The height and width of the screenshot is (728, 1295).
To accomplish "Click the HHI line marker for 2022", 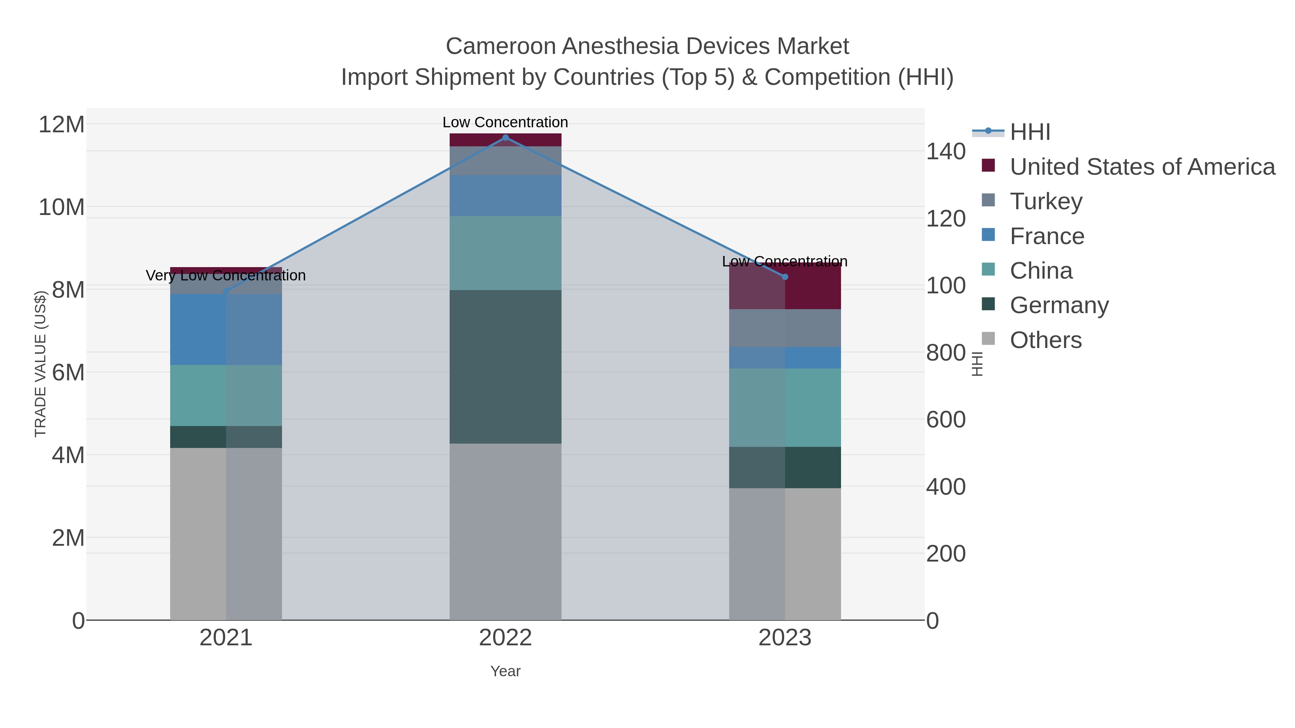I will (505, 138).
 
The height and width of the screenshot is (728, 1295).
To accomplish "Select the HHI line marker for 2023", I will (785, 277).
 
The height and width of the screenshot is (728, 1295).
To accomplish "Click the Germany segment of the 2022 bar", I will (505, 367).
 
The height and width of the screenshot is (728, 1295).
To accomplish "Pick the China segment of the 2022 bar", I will (505, 253).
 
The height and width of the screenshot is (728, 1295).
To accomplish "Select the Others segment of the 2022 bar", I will (505, 532).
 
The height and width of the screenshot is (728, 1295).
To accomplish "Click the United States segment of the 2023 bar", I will (785, 287).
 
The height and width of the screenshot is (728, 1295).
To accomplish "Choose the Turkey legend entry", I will (1046, 201).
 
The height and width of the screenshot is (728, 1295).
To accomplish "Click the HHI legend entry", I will (1030, 132).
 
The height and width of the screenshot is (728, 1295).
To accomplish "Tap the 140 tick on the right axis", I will (946, 151).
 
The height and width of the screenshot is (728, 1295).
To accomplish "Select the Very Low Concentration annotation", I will (226, 275).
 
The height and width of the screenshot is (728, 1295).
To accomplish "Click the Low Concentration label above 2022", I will (505, 122).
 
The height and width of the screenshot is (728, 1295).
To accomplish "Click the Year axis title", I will (505, 671).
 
